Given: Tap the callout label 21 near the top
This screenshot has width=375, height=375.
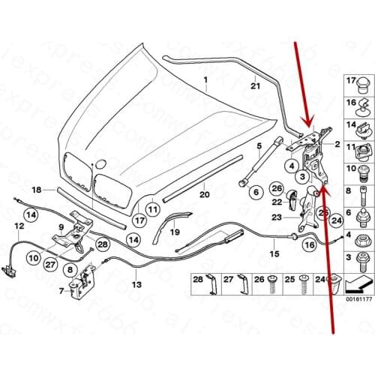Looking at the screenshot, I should pyautogui.click(x=254, y=87).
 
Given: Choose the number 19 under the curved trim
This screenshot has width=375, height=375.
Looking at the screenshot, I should pyautogui.click(x=174, y=232).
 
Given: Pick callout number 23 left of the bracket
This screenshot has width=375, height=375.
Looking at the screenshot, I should pyautogui.click(x=274, y=217).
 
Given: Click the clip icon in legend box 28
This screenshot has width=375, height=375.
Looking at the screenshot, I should pyautogui.click(x=213, y=286).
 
